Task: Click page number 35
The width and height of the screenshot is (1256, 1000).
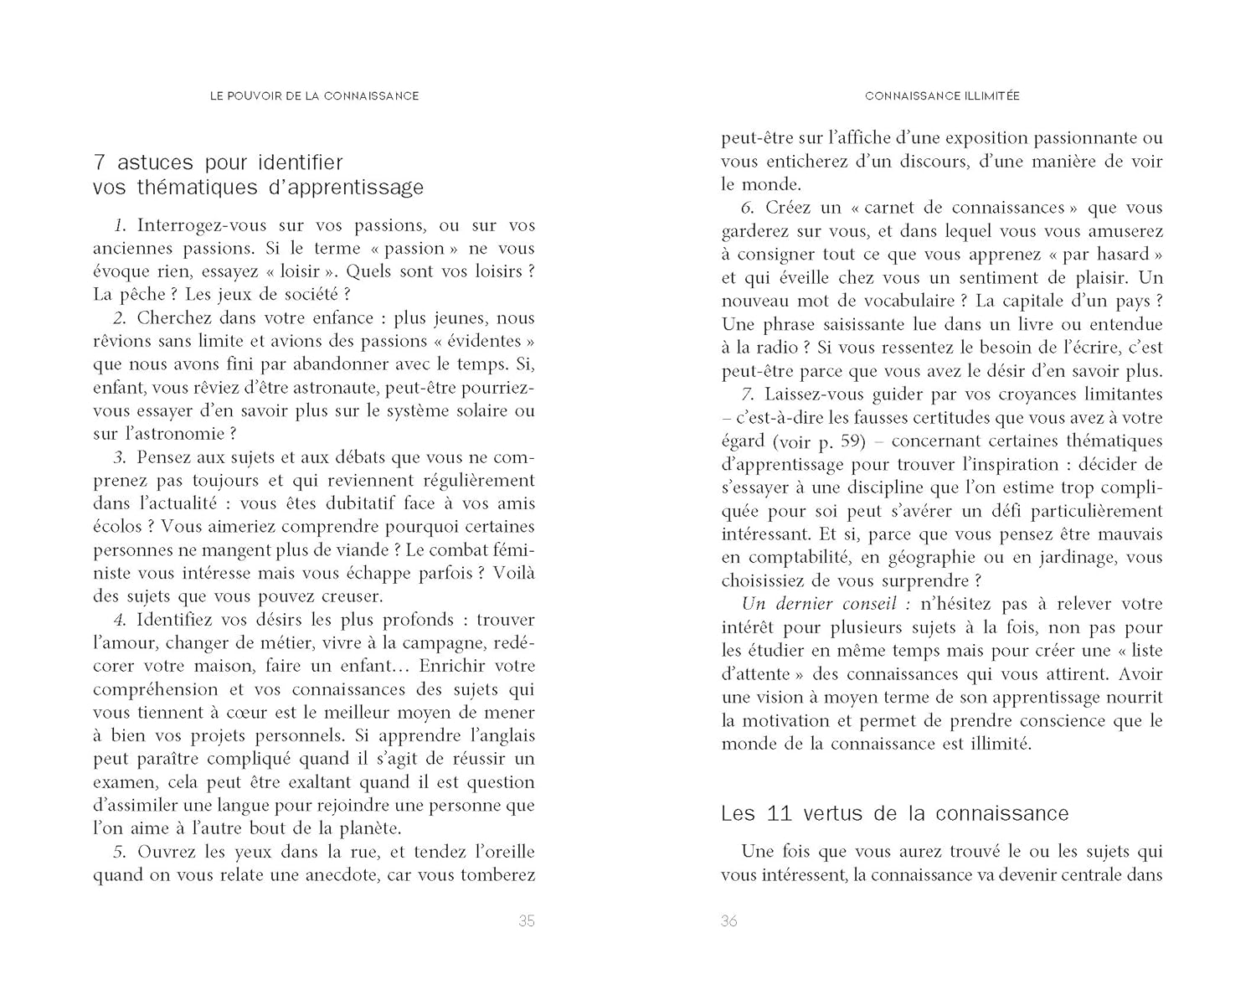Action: [526, 921]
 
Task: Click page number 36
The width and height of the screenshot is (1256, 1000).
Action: [728, 921]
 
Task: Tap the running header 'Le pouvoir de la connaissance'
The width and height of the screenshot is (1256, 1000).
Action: [314, 96]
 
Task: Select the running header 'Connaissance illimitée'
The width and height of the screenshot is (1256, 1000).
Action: [942, 96]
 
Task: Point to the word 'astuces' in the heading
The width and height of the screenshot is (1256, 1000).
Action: [155, 162]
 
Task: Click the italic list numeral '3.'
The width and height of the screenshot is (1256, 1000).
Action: [120, 457]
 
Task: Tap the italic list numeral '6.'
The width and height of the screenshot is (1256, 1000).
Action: [748, 208]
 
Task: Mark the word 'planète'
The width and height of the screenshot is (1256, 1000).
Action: [368, 829]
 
